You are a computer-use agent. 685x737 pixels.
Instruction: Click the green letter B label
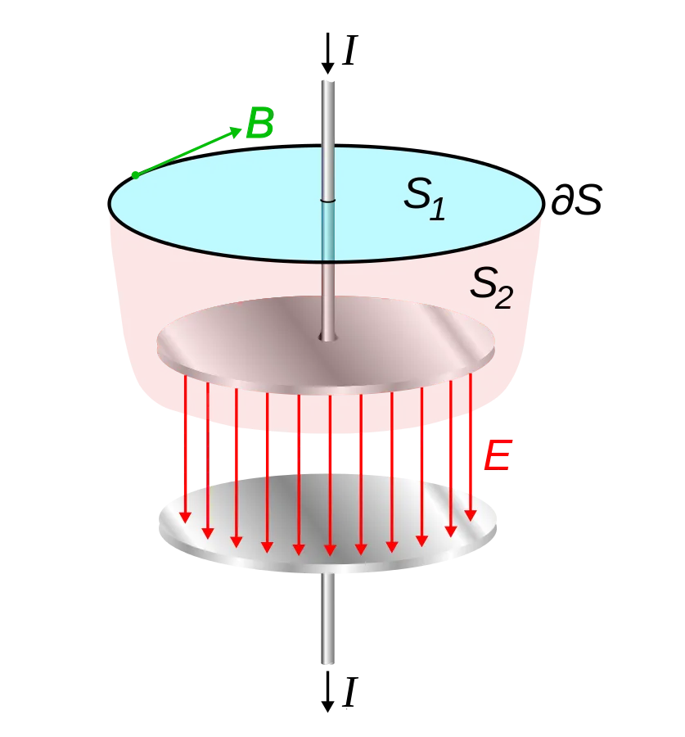[x=259, y=123]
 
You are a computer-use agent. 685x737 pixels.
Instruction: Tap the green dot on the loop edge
[x=135, y=175]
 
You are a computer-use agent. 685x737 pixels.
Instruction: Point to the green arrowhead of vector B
[x=235, y=131]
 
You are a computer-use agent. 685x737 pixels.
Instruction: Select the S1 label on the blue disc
[x=424, y=198]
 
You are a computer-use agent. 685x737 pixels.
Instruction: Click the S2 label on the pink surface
[x=491, y=287]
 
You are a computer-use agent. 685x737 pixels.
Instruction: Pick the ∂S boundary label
[x=576, y=199]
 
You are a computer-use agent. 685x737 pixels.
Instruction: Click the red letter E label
[x=498, y=455]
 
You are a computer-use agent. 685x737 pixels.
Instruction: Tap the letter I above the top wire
[x=350, y=50]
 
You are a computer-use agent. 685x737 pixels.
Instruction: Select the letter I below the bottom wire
[x=350, y=692]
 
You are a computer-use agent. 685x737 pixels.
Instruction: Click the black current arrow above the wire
[x=327, y=53]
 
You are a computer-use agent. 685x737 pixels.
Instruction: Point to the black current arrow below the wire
[x=327, y=692]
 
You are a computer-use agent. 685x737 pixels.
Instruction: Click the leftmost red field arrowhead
[x=186, y=517]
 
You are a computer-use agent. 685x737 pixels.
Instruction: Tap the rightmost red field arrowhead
[x=471, y=515]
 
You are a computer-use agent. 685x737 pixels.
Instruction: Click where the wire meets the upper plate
[x=328, y=337]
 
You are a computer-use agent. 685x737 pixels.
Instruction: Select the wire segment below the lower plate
[x=328, y=618]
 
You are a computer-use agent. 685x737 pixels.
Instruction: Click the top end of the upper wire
[x=328, y=82]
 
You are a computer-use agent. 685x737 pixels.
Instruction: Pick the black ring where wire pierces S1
[x=328, y=201]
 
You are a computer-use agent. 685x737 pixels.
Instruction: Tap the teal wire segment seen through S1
[x=328, y=231]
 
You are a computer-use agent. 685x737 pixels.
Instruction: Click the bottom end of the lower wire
[x=328, y=662]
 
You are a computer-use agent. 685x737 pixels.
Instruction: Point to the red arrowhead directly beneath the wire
[x=330, y=549]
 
